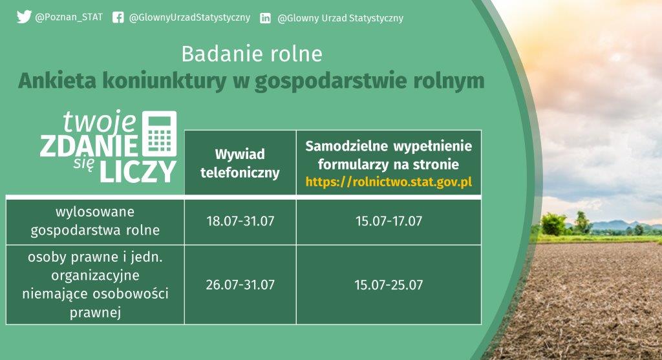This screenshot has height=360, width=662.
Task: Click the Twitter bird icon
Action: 24,17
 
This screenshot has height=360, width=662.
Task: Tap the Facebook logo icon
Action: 118,17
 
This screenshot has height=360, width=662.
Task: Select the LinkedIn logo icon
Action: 265,18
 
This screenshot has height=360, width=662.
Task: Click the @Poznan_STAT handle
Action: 69,17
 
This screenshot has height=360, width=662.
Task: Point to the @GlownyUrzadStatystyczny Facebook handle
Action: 189,17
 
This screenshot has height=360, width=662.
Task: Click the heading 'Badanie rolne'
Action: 251,54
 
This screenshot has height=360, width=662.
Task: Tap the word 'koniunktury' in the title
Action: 164,81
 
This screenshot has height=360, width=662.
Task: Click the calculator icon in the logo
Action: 159,133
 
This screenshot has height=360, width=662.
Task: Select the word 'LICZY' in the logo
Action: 138,171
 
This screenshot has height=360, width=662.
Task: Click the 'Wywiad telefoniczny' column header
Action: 240,163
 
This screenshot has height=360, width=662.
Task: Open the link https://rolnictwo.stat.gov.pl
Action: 389,182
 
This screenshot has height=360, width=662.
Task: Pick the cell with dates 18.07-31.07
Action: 240,221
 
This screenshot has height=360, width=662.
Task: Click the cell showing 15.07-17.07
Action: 389,221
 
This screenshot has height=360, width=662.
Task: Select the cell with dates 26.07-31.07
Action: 240,285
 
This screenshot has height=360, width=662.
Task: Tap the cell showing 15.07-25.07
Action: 389,285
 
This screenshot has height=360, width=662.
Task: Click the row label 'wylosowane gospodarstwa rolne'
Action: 95,221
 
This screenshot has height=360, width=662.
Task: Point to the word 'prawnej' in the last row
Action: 95,313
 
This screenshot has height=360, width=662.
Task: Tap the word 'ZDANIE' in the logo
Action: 89,145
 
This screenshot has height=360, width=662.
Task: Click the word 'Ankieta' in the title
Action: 57,81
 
